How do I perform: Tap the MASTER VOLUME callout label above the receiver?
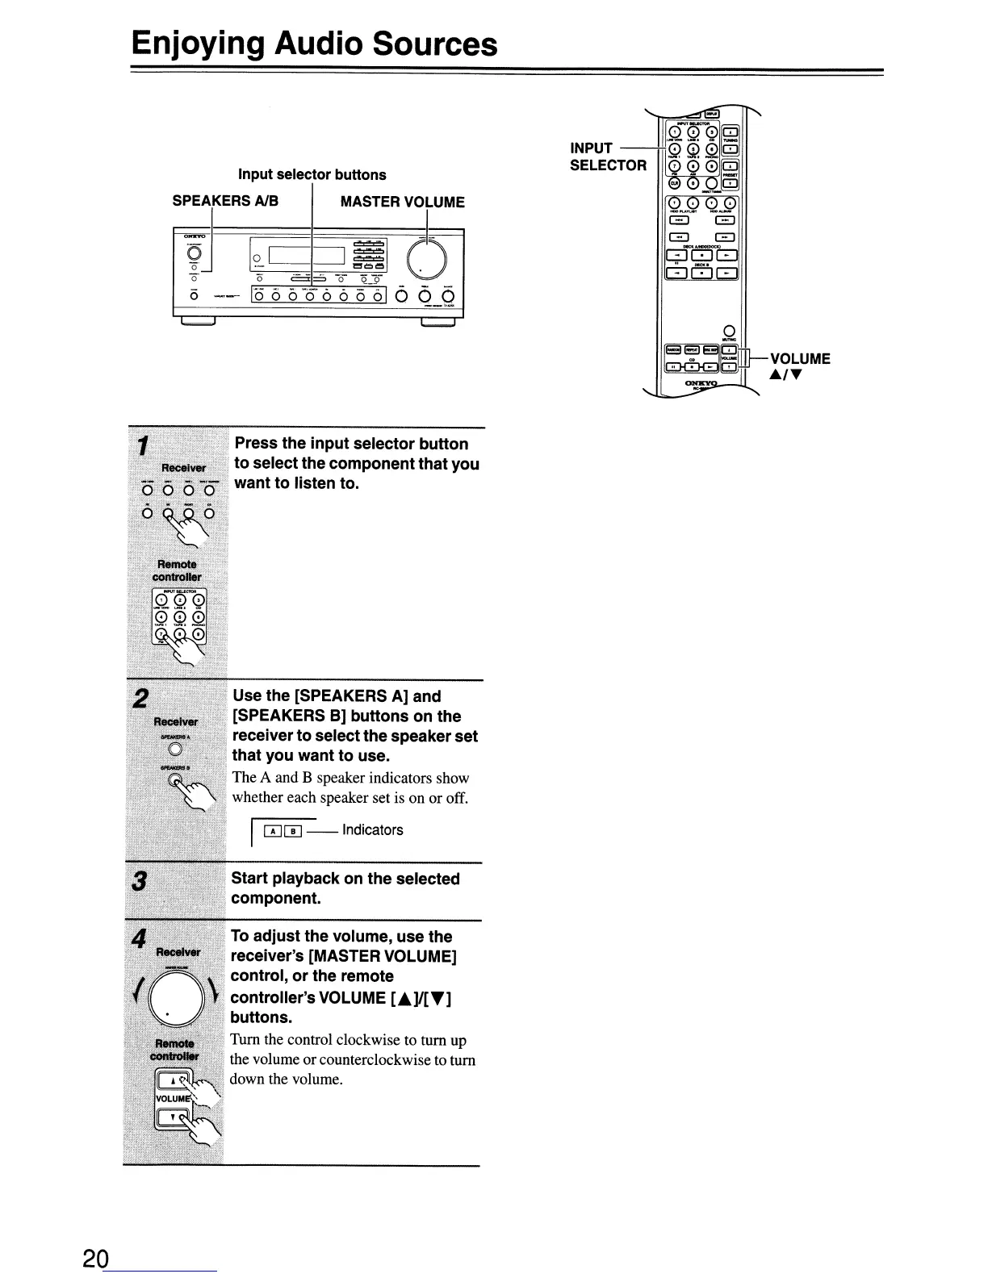(x=402, y=202)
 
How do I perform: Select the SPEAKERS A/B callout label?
(x=225, y=201)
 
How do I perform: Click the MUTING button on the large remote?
(x=728, y=329)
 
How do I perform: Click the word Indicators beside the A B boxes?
(x=372, y=830)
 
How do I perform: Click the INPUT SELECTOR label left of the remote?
(x=607, y=157)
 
